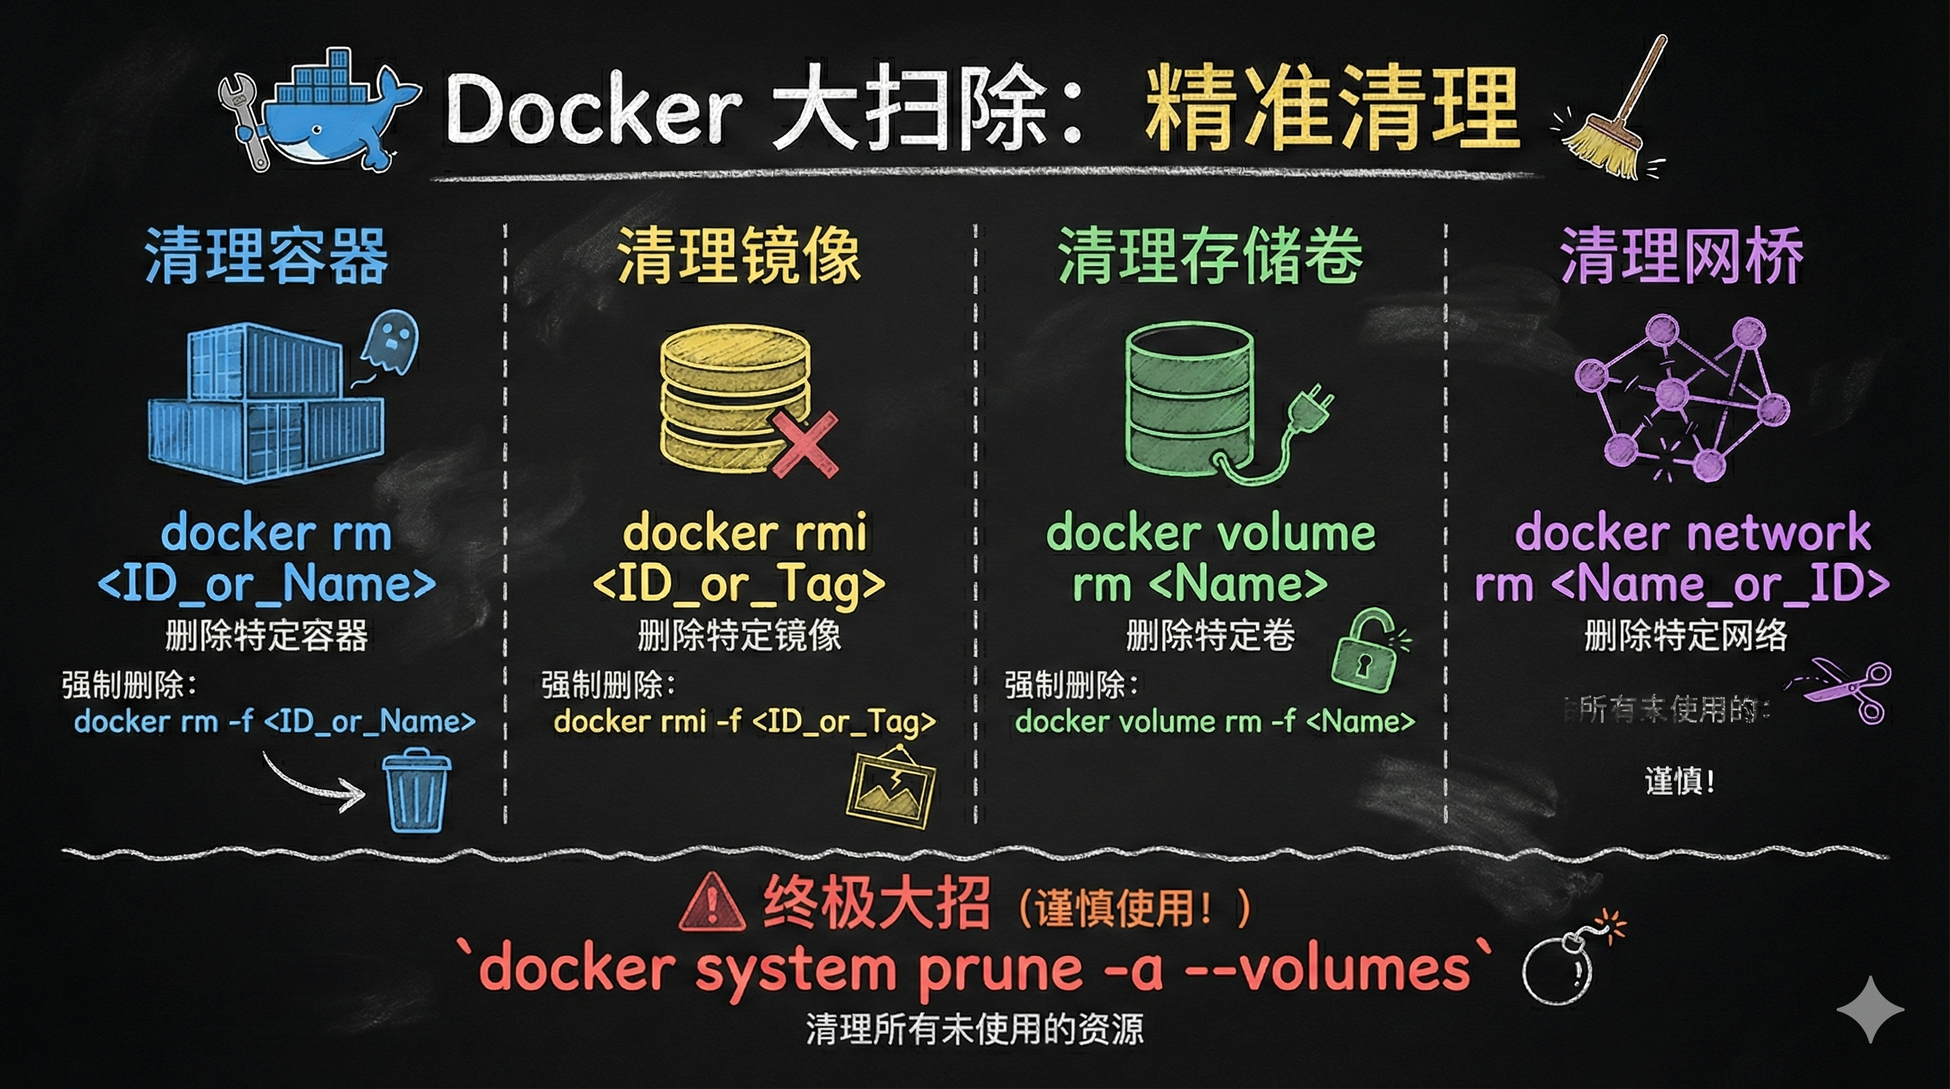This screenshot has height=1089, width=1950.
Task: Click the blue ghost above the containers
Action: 390,345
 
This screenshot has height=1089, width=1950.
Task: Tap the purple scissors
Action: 1847,689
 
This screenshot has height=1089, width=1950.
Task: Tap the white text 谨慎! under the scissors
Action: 1680,781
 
